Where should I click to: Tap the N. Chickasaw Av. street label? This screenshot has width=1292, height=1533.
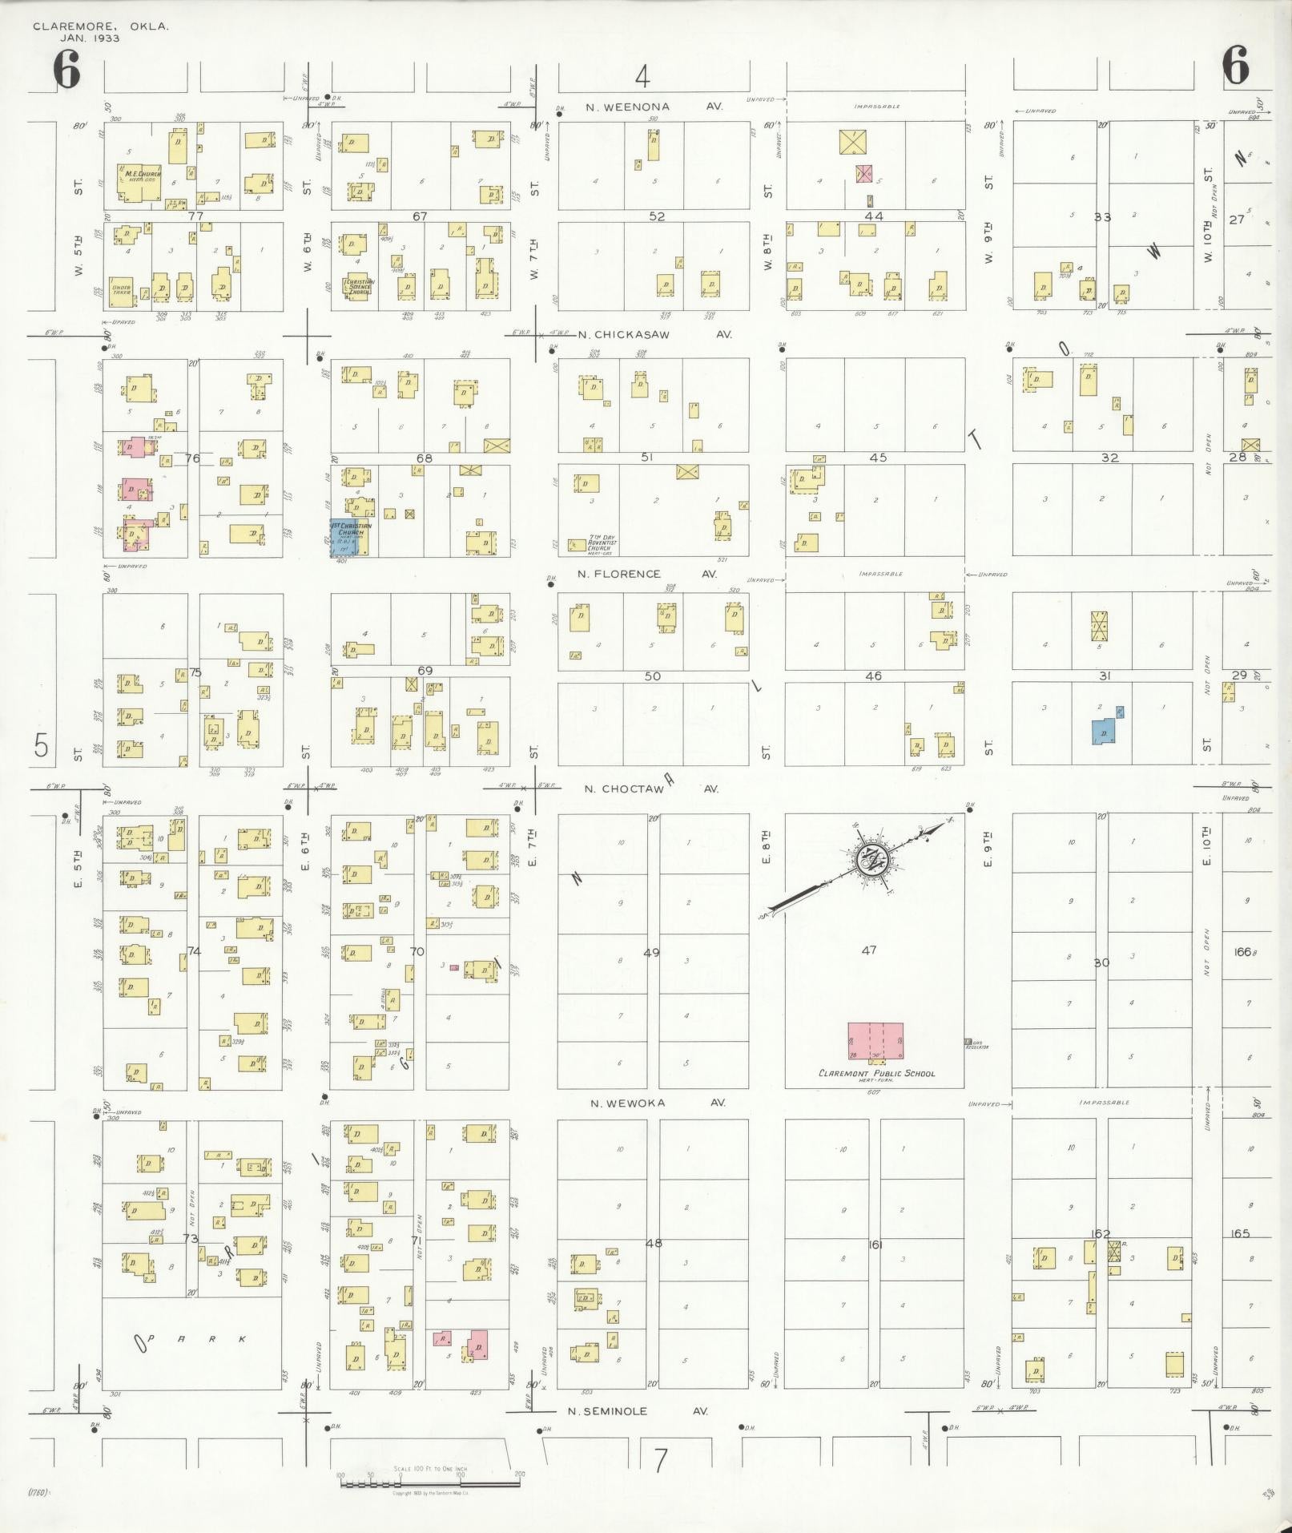click(x=654, y=334)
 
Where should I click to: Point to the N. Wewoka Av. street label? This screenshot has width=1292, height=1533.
click(x=657, y=1103)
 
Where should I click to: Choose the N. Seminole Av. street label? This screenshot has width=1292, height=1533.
click(x=638, y=1411)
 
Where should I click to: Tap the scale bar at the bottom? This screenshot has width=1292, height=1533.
click(x=429, y=1483)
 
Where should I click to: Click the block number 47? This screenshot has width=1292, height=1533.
click(x=869, y=950)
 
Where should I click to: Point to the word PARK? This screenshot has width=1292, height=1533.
click(x=192, y=1338)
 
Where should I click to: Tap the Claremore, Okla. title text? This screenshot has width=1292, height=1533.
click(x=100, y=26)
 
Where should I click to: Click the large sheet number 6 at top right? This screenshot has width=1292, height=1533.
click(x=1236, y=66)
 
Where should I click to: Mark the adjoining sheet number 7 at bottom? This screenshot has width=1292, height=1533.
click(x=660, y=1461)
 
